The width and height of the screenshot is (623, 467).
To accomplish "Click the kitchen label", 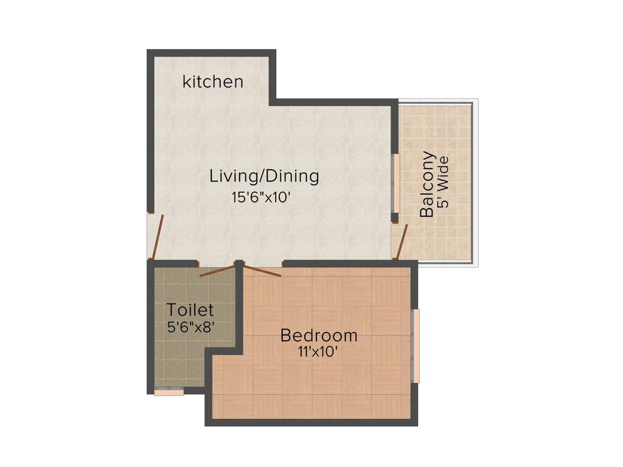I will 213,81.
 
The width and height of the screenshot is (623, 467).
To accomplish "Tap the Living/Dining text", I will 264,176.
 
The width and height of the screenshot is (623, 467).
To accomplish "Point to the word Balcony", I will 428,184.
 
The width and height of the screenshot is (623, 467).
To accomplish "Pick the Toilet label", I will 190,310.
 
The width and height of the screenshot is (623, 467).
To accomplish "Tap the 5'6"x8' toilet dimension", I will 190,327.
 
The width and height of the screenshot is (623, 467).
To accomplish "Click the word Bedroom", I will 318,335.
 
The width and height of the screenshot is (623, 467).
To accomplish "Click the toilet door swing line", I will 217,271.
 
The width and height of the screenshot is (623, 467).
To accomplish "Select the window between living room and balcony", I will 395,182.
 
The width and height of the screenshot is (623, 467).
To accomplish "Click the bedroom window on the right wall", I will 416,345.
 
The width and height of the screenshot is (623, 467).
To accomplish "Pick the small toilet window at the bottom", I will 169,392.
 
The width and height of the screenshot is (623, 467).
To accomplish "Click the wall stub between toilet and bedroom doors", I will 240,265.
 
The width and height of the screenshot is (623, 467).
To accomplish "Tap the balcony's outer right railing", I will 475,182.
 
